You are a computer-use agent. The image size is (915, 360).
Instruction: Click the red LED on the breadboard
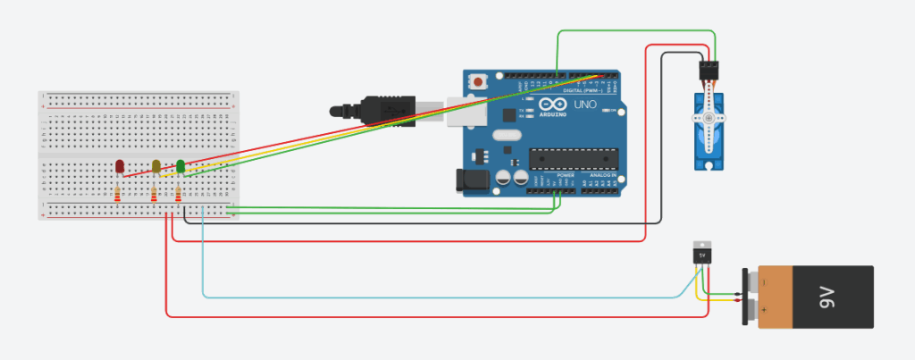(x=120, y=166)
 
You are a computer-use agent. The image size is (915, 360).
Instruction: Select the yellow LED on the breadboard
(x=156, y=166)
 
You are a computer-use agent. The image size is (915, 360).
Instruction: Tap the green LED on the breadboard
(x=180, y=165)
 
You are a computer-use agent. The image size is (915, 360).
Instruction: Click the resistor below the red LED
(x=119, y=195)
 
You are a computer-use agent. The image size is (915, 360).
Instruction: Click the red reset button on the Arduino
(x=480, y=82)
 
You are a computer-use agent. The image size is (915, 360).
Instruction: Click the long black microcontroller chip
(x=572, y=158)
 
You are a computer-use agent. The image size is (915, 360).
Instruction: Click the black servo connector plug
(x=709, y=69)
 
